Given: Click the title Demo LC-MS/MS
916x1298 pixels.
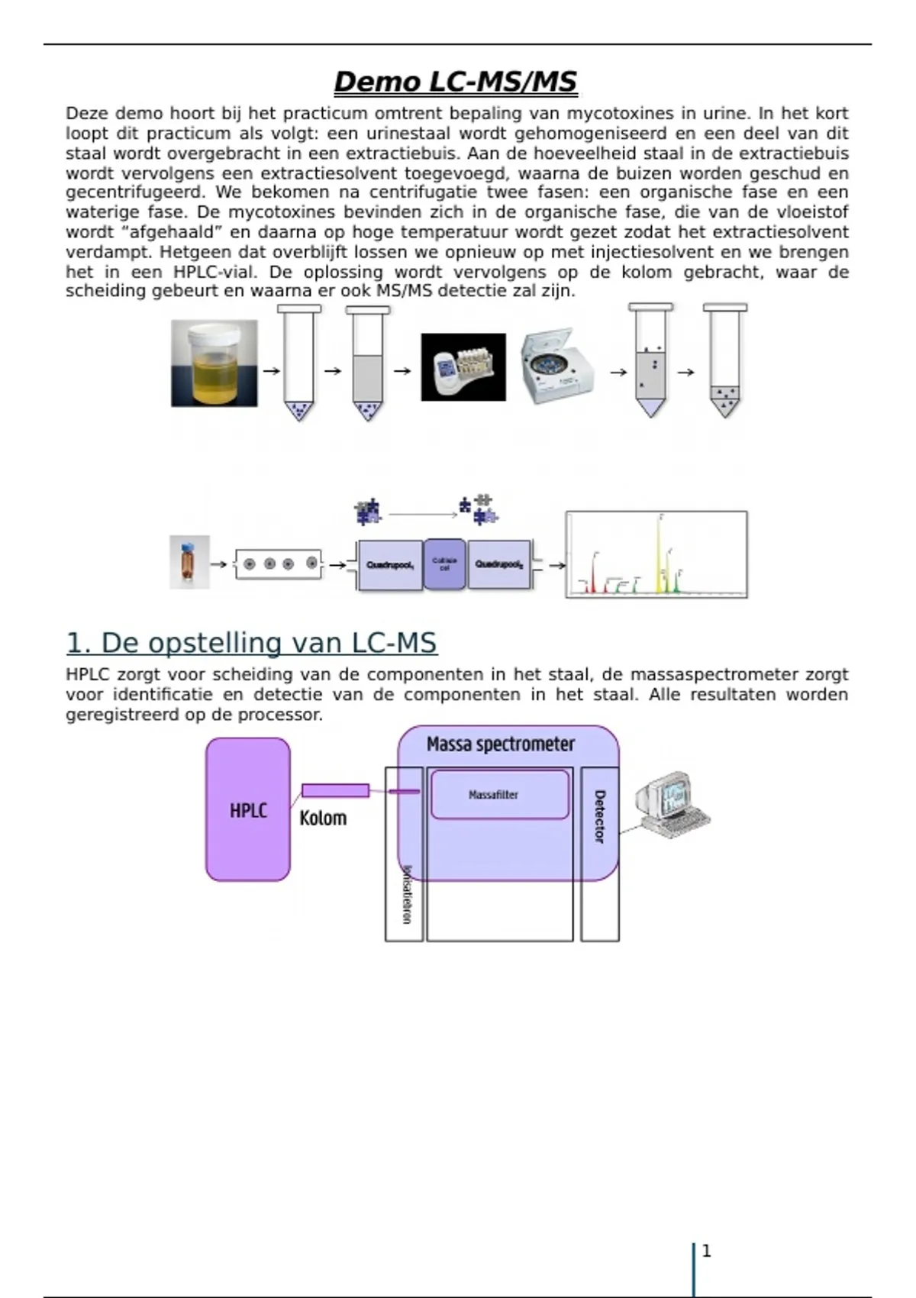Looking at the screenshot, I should (455, 82).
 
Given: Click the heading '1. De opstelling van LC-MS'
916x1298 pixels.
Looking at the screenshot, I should (251, 643).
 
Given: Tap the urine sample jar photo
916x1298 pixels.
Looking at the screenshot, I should (214, 363).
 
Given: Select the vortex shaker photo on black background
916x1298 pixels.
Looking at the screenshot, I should (463, 367).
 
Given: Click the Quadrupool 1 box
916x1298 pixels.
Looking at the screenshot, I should (390, 565).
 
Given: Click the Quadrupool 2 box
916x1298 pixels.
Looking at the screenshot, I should (499, 564).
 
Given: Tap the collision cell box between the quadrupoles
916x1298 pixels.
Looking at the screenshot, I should (444, 564).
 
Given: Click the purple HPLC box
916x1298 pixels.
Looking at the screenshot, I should (248, 809).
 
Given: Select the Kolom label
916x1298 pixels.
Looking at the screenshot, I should (323, 819).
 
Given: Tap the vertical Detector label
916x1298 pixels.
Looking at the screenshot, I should (599, 816).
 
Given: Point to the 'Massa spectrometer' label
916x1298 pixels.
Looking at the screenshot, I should (500, 744).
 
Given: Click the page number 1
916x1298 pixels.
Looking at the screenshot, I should (706, 1251).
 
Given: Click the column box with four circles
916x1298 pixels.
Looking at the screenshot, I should (279, 564).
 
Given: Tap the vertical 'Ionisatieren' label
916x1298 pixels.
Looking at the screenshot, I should (406, 894).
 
